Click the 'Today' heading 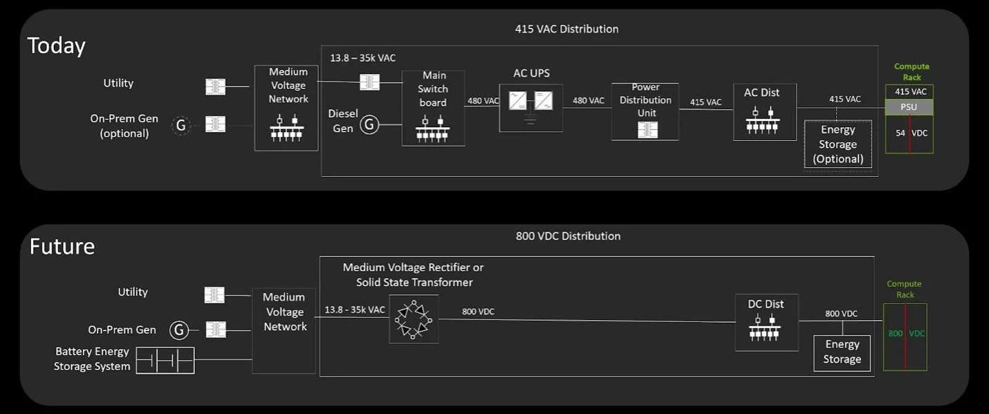56,46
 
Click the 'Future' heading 62,246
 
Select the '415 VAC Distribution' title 566,29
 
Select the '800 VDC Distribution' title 568,236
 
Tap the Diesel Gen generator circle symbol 369,124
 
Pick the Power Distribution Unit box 645,111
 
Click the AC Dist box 765,111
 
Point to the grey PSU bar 909,107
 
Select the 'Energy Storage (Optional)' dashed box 838,144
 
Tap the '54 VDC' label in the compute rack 909,133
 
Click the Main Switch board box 433,108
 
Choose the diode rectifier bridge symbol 413,319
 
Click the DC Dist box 766,321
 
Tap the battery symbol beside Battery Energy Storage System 165,360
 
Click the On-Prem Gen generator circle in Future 180,330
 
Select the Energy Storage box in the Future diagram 842,352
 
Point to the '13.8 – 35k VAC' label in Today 362,58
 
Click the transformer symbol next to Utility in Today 216,86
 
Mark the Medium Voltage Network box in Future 284,330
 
